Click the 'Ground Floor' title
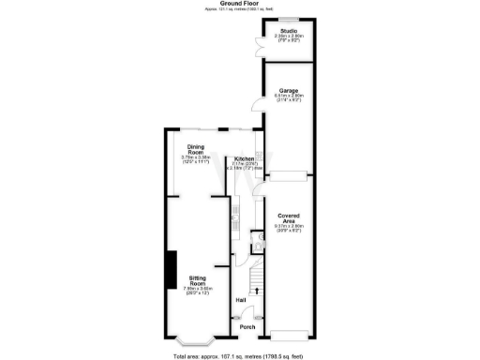click(x=239, y=4)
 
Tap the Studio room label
click(x=287, y=30)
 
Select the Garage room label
click(x=287, y=90)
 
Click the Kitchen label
click(x=244, y=159)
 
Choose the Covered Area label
click(x=287, y=218)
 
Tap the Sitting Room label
click(x=197, y=278)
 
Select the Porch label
click(x=247, y=327)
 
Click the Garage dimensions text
click(x=287, y=97)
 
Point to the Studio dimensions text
click(x=287, y=37)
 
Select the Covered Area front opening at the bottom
click(x=287, y=336)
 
